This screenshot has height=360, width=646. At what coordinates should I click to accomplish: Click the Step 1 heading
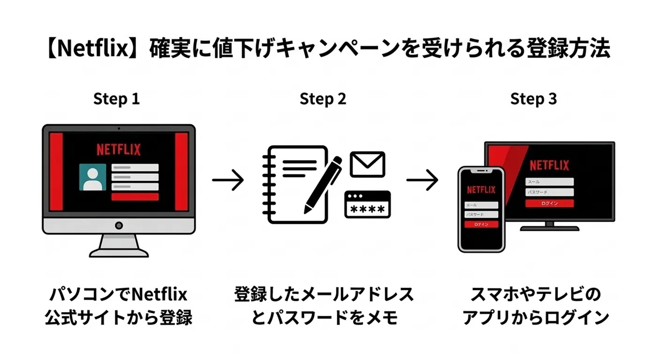coord(116,99)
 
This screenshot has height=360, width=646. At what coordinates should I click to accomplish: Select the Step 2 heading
coord(322,99)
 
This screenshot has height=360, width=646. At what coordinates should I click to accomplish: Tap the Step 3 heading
coord(533,99)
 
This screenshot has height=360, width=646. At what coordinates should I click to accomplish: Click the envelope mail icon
coord(367,164)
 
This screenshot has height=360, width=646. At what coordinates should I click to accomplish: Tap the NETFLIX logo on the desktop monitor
coord(118,149)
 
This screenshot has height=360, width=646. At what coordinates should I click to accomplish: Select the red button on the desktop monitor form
coord(135,197)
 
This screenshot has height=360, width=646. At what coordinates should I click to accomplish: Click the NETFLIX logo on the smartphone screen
coord(481,189)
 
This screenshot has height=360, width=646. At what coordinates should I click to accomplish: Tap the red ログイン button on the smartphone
coord(481,224)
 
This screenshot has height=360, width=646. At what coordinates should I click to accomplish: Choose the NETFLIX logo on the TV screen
coord(549,165)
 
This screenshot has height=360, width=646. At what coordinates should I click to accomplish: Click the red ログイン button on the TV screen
coord(550,203)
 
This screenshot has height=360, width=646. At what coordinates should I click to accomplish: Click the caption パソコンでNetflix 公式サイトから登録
coord(118,306)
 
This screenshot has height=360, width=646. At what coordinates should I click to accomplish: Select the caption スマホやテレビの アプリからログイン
coord(535,306)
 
